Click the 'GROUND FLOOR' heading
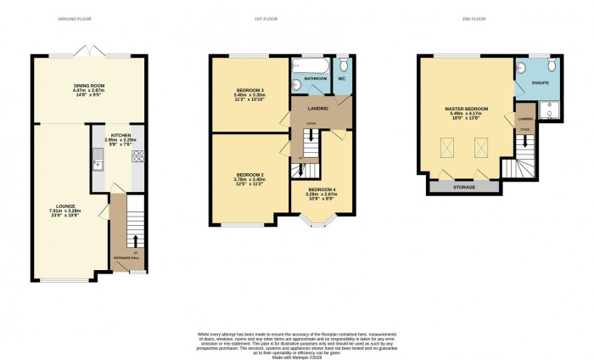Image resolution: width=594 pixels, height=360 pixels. [76, 18]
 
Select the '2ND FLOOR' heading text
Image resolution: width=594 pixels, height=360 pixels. [483, 18]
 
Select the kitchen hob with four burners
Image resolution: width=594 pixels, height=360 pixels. [137, 156]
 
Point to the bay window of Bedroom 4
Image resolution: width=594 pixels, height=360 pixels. [318, 223]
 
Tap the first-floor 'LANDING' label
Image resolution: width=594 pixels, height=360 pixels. [318, 107]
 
